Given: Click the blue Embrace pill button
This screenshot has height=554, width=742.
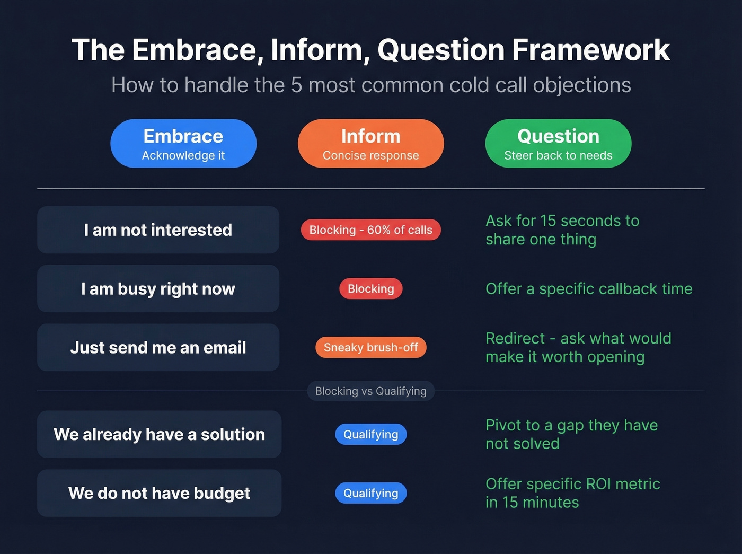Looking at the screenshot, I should pos(183,144).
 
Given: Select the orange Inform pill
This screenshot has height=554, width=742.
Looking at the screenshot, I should pos(370,144).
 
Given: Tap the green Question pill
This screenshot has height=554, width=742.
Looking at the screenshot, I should pos(558,144).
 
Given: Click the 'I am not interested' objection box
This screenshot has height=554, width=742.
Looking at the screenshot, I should pos(158,230).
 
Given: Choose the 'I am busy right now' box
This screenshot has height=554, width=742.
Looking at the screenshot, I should pos(158,289).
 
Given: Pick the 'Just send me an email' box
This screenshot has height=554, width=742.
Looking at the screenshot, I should pos(158,348).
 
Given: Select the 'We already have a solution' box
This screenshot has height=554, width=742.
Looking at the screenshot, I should pos(159,435).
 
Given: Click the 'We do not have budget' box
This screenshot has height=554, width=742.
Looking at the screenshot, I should pos(159,494).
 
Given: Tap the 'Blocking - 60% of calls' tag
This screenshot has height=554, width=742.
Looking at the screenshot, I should pos(370,230).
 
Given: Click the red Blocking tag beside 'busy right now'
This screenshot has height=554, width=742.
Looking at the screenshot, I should pos(370,289).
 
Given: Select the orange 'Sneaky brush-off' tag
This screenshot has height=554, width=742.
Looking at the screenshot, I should pos(370,348).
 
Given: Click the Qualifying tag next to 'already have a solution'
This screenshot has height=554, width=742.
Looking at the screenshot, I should pos(370,435).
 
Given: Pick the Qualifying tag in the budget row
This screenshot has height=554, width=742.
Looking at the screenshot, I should pos(370,494).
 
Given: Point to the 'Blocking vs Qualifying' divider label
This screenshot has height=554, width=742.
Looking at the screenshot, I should pos(370,391).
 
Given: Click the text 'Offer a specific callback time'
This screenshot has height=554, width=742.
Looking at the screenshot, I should pos(589,289).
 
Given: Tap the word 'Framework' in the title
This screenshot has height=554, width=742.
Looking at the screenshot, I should pos(590,50).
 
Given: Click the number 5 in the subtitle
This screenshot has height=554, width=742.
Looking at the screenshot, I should pos(296,85).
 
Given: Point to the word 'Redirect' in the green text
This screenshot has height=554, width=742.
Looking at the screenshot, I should pos(515,339).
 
